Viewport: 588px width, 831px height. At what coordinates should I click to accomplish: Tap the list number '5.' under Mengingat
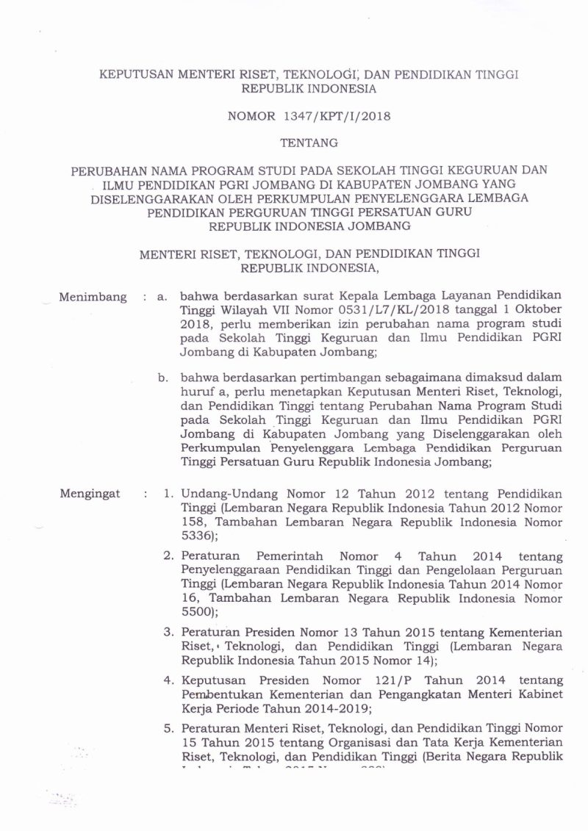click(168, 727)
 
